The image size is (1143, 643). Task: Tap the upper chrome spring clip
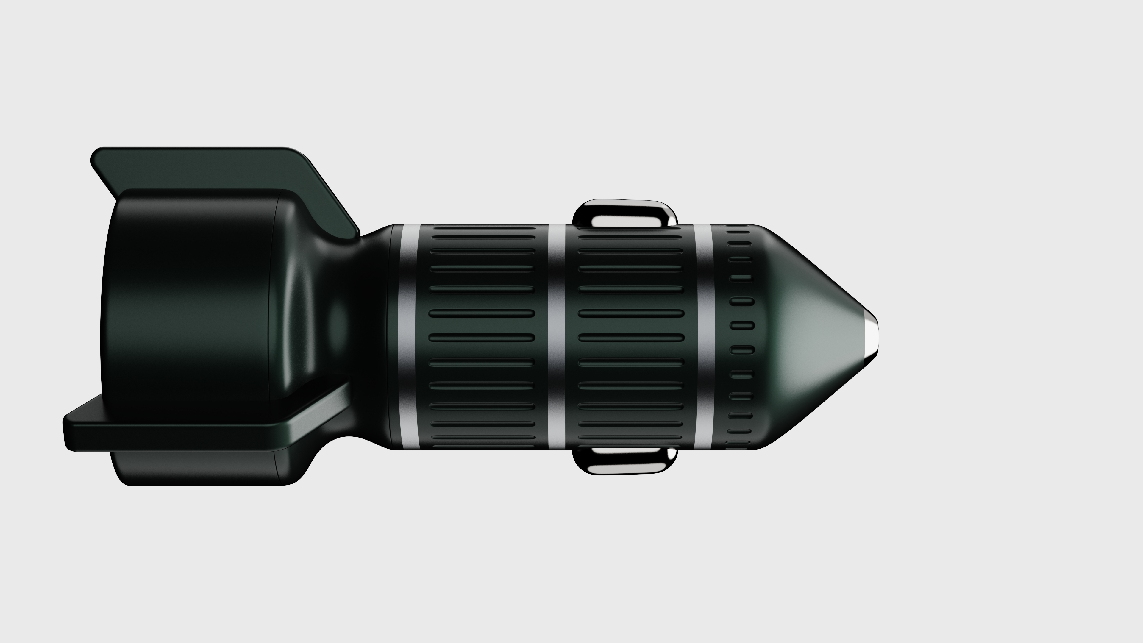(625, 209)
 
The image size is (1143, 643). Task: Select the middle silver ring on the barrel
(557, 337)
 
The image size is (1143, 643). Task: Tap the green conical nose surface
(812, 337)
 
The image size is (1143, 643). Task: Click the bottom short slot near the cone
(738, 442)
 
